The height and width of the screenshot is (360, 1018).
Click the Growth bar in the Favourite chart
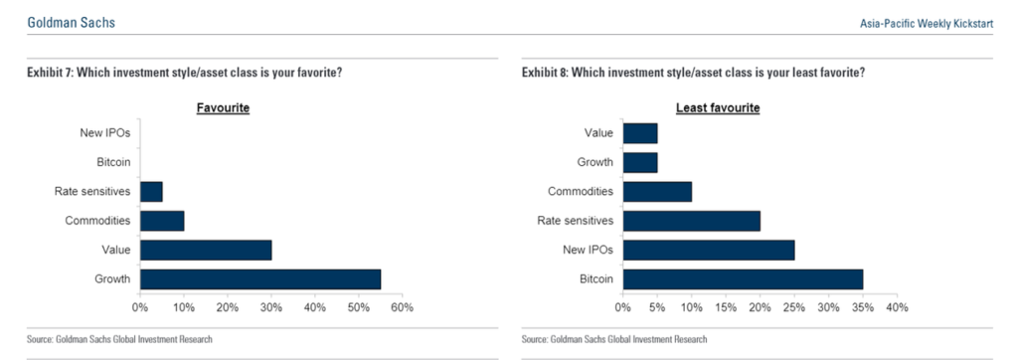260,279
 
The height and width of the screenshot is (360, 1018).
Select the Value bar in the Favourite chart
206,250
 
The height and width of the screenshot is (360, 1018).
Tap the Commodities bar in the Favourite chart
162,221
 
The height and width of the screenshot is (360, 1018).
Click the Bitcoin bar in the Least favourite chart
743,279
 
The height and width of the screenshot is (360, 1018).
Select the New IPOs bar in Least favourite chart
709,250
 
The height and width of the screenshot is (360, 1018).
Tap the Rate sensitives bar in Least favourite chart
692,221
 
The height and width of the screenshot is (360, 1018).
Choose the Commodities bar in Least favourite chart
657,192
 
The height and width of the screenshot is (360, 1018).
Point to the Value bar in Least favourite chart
640,133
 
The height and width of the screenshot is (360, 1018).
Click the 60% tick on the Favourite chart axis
401,308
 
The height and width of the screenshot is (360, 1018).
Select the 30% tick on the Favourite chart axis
270,308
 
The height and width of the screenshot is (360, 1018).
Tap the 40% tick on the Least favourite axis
897,308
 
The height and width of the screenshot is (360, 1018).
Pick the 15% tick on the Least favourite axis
726,308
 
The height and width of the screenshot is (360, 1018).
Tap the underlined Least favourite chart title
718,107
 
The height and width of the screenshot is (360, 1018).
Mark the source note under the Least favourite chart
613,340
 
